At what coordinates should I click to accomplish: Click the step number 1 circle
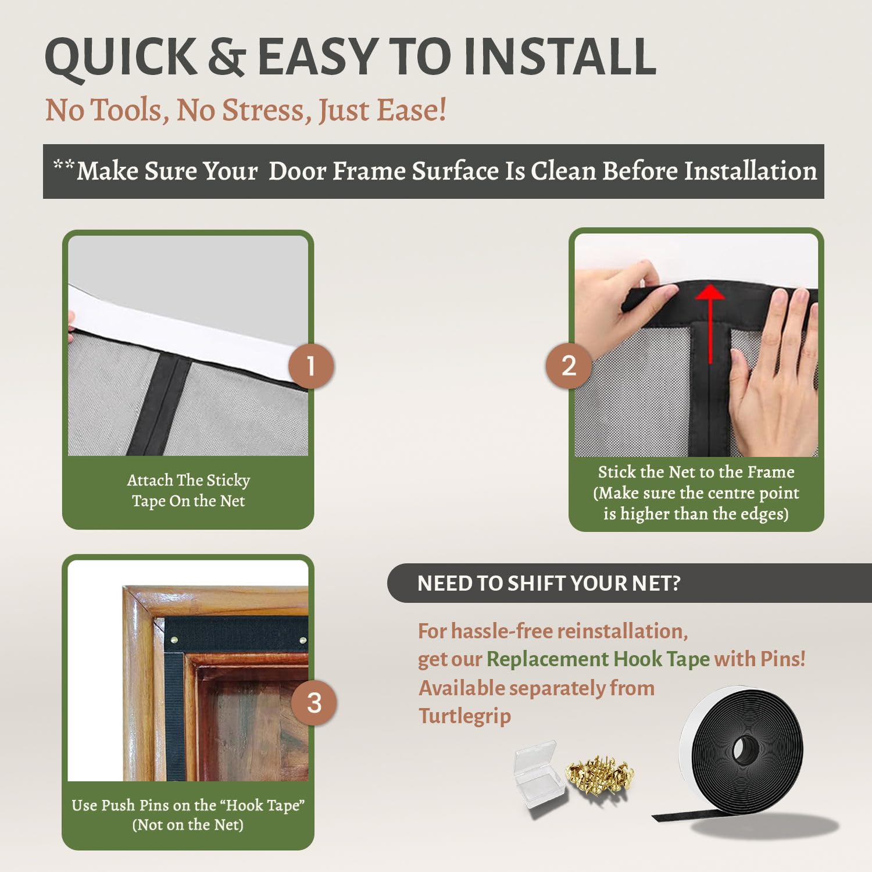311,366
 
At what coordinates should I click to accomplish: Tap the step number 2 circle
569,366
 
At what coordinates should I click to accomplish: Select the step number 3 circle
314,703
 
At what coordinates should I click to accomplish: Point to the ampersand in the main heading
226,57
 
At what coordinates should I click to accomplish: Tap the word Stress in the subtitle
267,110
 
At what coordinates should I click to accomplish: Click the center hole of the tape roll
742,748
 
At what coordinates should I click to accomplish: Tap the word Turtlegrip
464,716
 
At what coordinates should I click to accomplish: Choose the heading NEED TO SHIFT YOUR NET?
548,583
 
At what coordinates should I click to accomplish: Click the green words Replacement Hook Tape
598,659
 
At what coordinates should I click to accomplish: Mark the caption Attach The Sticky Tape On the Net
188,490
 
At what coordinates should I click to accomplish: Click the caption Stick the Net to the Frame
696,472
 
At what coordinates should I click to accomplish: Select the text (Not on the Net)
188,825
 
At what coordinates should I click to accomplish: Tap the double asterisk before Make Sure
63,166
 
